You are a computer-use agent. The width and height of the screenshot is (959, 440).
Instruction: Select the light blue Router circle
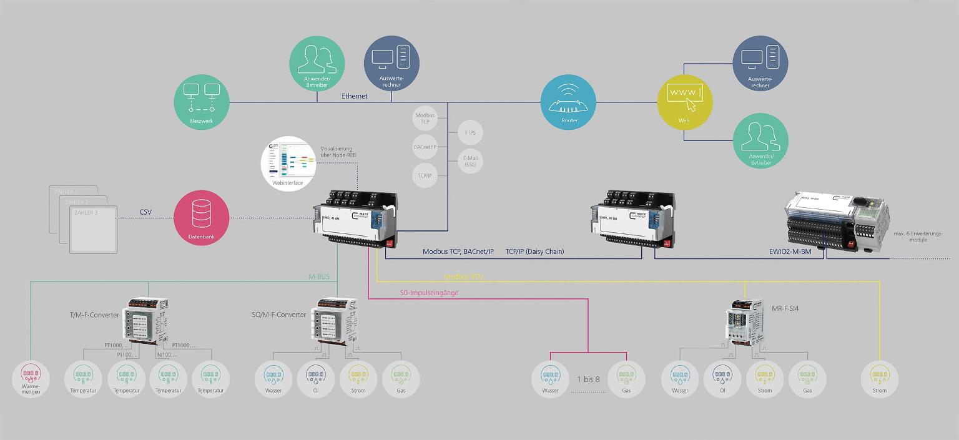[569, 103]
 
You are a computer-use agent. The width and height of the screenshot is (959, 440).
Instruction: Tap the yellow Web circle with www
[686, 102]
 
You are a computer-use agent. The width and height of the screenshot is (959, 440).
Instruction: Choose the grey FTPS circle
[471, 133]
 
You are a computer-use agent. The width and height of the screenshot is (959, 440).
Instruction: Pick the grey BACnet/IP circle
[425, 147]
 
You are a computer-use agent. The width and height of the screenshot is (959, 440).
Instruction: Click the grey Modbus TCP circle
[425, 119]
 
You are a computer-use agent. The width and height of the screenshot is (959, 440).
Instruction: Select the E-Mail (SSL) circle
[471, 161]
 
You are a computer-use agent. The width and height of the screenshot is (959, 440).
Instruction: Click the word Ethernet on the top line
[355, 96]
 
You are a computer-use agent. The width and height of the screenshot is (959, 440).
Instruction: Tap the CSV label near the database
[145, 212]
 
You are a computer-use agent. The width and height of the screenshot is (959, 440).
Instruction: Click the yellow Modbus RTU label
[463, 276]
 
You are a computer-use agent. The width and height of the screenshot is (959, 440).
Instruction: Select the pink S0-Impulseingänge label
[429, 292]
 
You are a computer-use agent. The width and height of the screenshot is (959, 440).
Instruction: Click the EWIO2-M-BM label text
[786, 252]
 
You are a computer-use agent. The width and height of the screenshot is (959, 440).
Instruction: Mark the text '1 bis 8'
[588, 379]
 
